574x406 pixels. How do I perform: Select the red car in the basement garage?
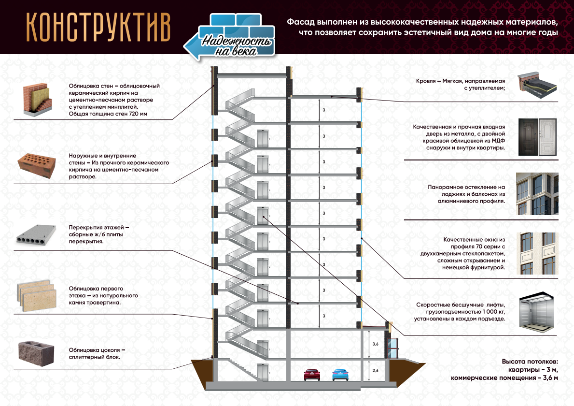pyautogui.click(x=312, y=375)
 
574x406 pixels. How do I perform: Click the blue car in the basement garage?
pyautogui.click(x=340, y=375)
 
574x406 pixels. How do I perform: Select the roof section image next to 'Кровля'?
pyautogui.click(x=538, y=84)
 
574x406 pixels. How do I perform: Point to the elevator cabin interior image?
pyautogui.click(x=537, y=312)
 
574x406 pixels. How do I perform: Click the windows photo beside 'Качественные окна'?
pyautogui.click(x=537, y=254)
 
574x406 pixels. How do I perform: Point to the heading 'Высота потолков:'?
pyautogui.click(x=530, y=362)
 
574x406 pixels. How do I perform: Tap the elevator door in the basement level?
pyautogui.click(x=262, y=371)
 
